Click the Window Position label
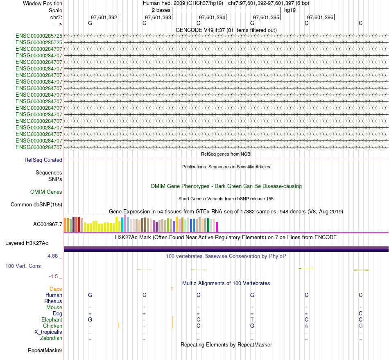pyautogui.click(x=43, y=3)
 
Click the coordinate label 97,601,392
pyautogui.click(x=104, y=17)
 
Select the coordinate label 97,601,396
pyautogui.click(x=320, y=17)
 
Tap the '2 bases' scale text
pyautogui.click(x=161, y=10)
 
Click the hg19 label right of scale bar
pyautogui.click(x=290, y=10)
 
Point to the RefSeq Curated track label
pyautogui.click(x=43, y=160)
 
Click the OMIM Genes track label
pyautogui.click(x=46, y=192)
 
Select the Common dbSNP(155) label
pyautogui.click(x=36, y=205)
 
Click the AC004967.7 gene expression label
pyautogui.click(x=47, y=224)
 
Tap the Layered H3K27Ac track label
pyautogui.click(x=27, y=243)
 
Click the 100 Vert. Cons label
pyautogui.click(x=23, y=266)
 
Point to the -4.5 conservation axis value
pyautogui.click(x=55, y=276)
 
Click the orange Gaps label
pyautogui.click(x=56, y=289)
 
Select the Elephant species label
pyautogui.click(x=52, y=320)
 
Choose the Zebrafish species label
pyautogui.click(x=51, y=338)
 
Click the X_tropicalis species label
pyautogui.click(x=48, y=332)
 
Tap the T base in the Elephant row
pyautogui.click(x=252, y=320)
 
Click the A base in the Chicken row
pyautogui.click(x=306, y=326)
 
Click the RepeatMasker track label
pyautogui.click(x=45, y=351)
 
